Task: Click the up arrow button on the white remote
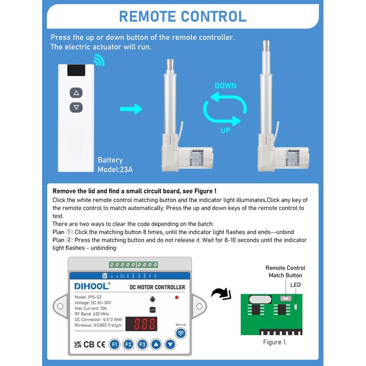(x=76, y=93)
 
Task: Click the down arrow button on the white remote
(x=76, y=108)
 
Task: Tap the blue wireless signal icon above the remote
(x=98, y=60)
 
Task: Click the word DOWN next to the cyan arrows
(x=226, y=86)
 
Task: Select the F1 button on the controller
(x=114, y=344)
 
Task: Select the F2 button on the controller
(x=129, y=344)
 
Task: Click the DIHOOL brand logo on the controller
(x=91, y=286)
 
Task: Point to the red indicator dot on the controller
(x=177, y=297)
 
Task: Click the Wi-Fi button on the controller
(x=182, y=334)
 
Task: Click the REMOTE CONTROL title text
(x=183, y=16)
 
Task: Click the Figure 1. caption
(x=275, y=342)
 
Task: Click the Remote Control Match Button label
(x=285, y=271)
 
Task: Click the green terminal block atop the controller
(x=133, y=264)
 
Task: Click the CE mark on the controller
(x=101, y=344)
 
